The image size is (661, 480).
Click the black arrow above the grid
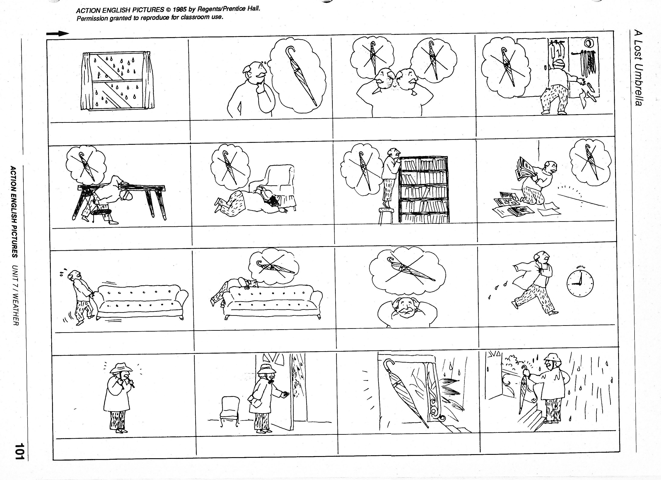tap(58, 34)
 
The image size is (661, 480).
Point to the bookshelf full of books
tap(424, 190)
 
